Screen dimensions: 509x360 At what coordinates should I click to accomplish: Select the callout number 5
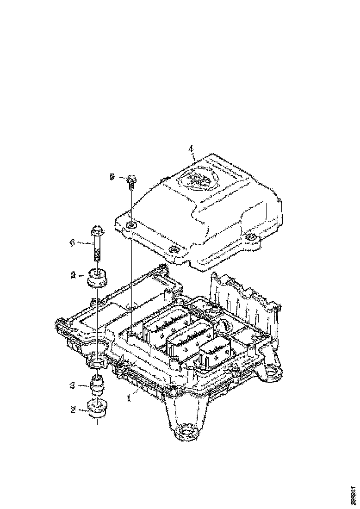point(112,176)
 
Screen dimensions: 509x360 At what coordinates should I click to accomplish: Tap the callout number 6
point(72,242)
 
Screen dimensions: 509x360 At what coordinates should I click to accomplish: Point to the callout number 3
point(72,385)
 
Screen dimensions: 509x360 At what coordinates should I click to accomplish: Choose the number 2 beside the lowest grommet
point(73,409)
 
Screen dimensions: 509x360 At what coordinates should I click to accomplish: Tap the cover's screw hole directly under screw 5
point(132,225)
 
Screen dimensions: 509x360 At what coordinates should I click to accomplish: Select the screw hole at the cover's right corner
point(251,238)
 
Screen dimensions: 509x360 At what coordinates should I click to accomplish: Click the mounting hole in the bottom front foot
point(186,434)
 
